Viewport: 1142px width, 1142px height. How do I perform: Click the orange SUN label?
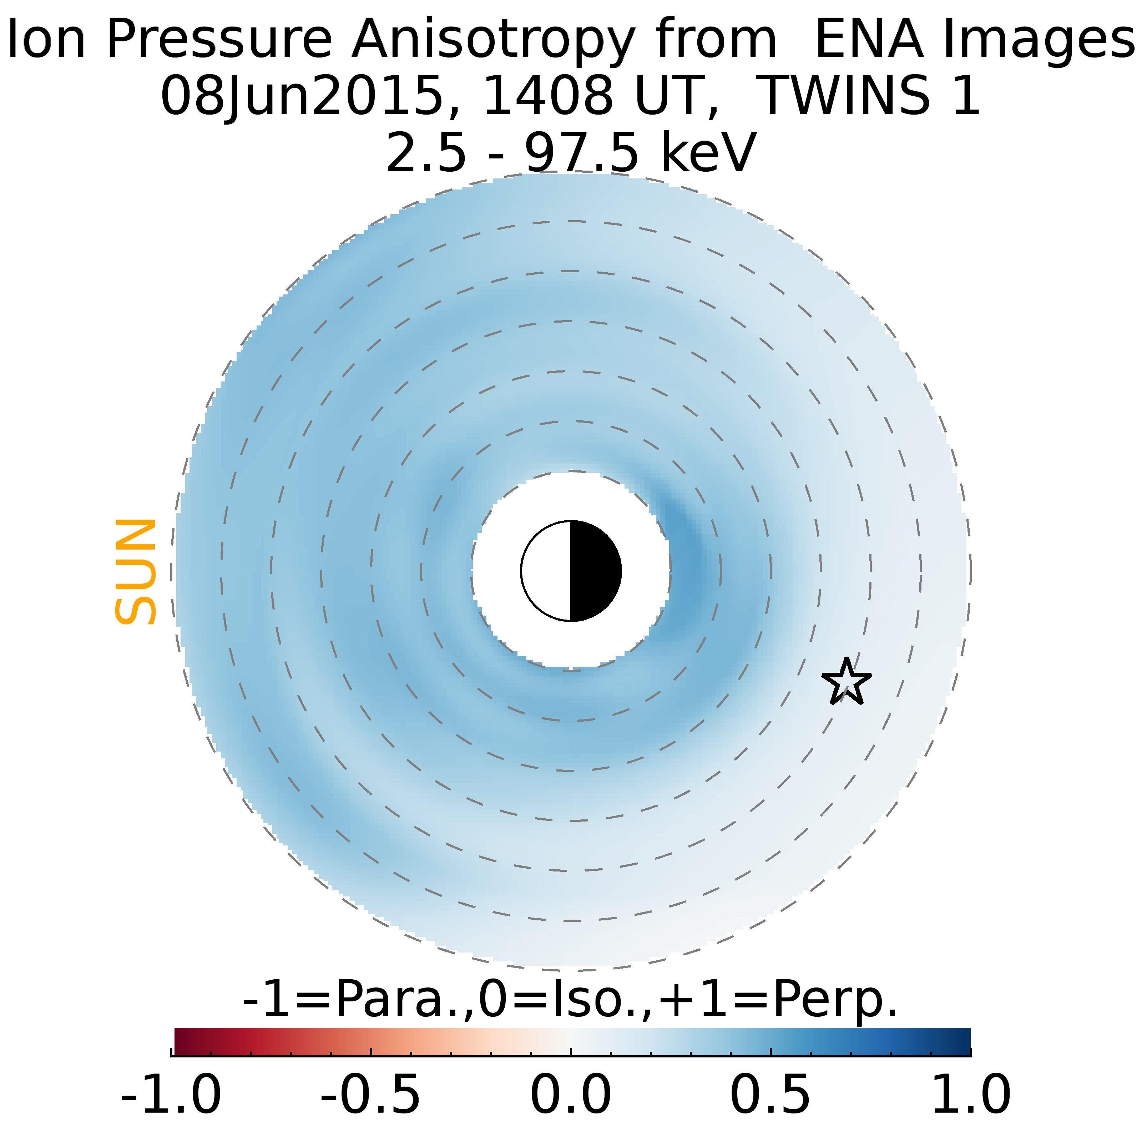point(135,572)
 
